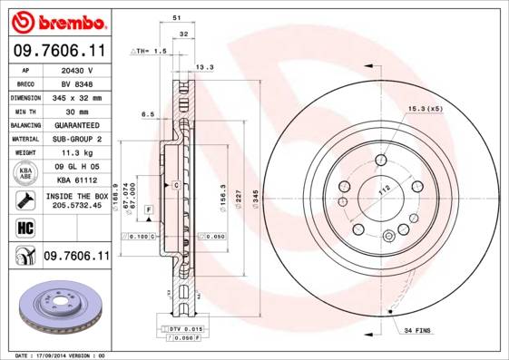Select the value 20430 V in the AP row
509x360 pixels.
[x=77, y=69]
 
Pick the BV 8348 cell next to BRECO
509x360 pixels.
[x=77, y=83]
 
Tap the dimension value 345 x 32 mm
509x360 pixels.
[x=77, y=97]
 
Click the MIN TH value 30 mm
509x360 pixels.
[x=77, y=111]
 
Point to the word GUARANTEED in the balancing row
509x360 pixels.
[x=77, y=125]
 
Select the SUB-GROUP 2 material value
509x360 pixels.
[x=77, y=139]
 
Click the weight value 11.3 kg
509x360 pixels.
[x=77, y=153]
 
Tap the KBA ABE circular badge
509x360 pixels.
[x=24, y=174]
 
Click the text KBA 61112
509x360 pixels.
[x=77, y=181]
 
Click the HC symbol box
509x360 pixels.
[x=24, y=227]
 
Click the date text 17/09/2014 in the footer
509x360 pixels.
[x=63, y=355]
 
